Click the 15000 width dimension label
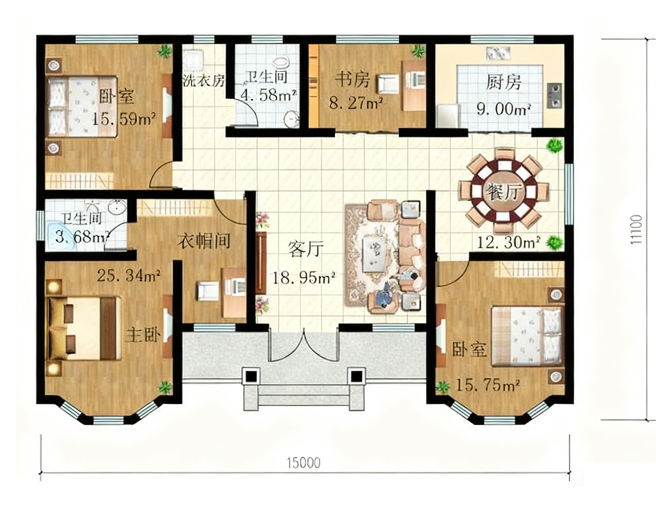point(304,463)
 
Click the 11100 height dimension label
point(637,229)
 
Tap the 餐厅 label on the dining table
point(504,192)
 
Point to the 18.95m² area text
point(304,277)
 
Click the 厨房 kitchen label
point(503,83)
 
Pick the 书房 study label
point(353,79)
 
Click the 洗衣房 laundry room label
point(204,80)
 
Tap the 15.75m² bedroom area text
point(487,385)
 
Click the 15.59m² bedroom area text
point(124,119)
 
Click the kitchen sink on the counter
point(554,94)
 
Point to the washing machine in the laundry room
point(194,60)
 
